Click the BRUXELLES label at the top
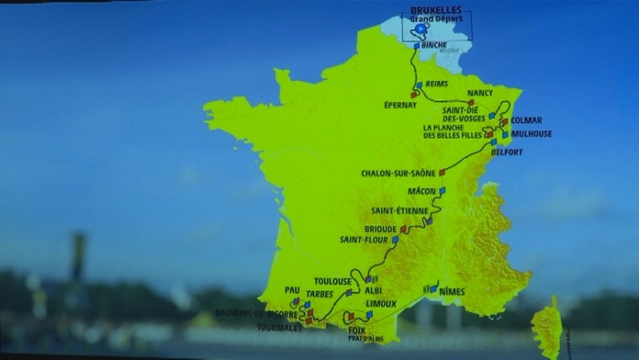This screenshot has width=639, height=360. coord(436,9)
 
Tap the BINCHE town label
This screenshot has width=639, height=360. coord(434,44)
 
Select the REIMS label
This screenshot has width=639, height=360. coord(438,84)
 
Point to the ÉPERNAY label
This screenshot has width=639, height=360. coord(400,105)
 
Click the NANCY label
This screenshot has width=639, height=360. coord(479,93)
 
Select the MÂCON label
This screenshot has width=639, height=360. coord(421,191)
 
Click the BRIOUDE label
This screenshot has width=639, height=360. coord(382,229)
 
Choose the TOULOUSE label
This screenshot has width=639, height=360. coord(332,281)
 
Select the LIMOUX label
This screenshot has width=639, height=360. coord(380,302)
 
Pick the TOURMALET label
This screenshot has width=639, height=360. coord(278,326)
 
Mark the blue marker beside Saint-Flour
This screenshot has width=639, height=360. coord(396,239)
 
